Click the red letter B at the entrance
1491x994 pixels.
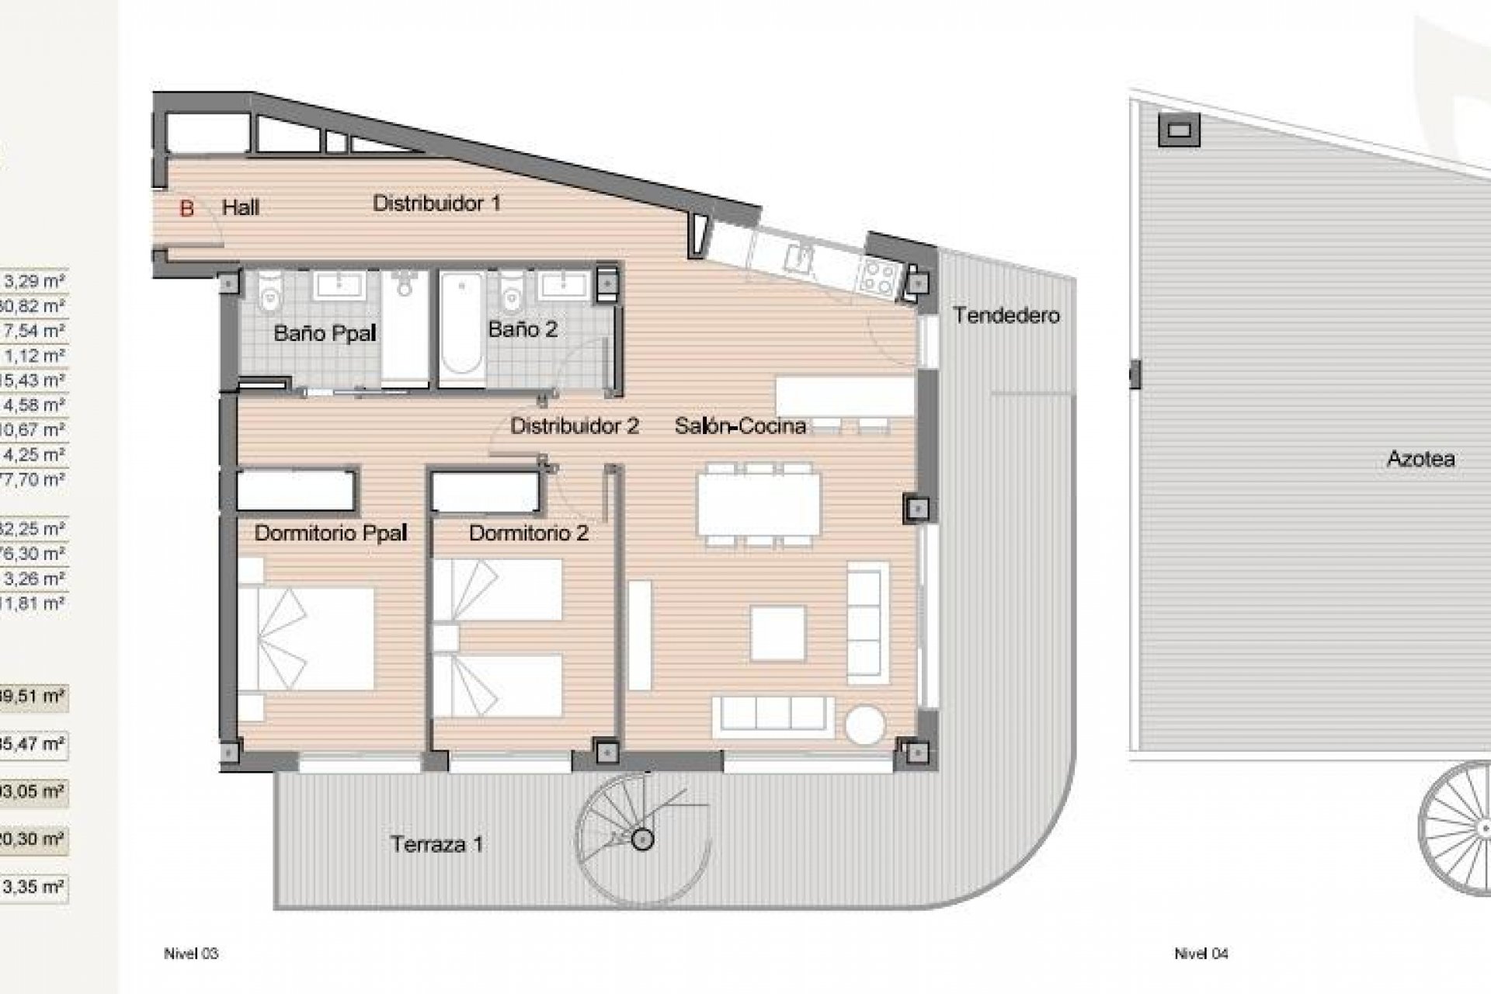point(186,209)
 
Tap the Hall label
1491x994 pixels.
point(241,208)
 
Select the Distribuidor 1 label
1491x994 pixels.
point(436,203)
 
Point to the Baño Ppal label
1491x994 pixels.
point(325,334)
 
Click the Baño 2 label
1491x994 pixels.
point(523,329)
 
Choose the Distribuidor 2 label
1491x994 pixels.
point(575,426)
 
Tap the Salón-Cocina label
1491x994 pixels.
point(740,426)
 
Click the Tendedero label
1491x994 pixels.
point(1006,315)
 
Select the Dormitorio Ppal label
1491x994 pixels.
point(331,533)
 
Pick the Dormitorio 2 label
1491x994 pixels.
point(529,533)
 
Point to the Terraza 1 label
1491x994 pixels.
point(437,844)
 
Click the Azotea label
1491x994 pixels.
point(1420,459)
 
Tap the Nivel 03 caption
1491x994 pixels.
point(191,954)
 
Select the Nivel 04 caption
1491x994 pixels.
point(1201,954)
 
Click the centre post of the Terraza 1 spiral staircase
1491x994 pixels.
point(642,839)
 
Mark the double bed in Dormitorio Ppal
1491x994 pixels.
point(306,639)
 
